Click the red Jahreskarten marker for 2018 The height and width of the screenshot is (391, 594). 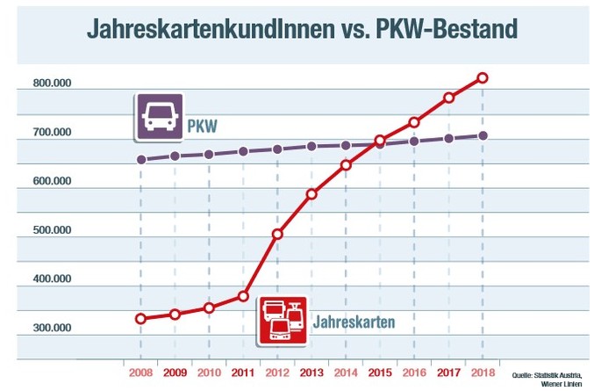[483, 78]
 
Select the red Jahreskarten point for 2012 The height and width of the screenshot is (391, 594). [277, 234]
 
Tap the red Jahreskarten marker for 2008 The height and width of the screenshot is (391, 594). [140, 318]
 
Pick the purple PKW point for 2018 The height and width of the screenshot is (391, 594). [483, 135]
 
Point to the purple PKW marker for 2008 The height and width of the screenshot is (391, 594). [140, 160]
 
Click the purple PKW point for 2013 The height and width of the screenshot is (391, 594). [311, 147]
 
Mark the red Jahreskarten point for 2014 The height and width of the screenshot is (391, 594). [346, 164]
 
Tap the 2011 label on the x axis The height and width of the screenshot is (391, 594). [243, 372]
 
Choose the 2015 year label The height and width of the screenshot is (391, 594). [380, 372]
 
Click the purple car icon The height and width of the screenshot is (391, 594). [159, 117]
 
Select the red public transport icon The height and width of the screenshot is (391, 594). [282, 319]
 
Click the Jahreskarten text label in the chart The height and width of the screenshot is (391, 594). [354, 321]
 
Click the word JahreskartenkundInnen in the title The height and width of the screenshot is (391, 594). [206, 28]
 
